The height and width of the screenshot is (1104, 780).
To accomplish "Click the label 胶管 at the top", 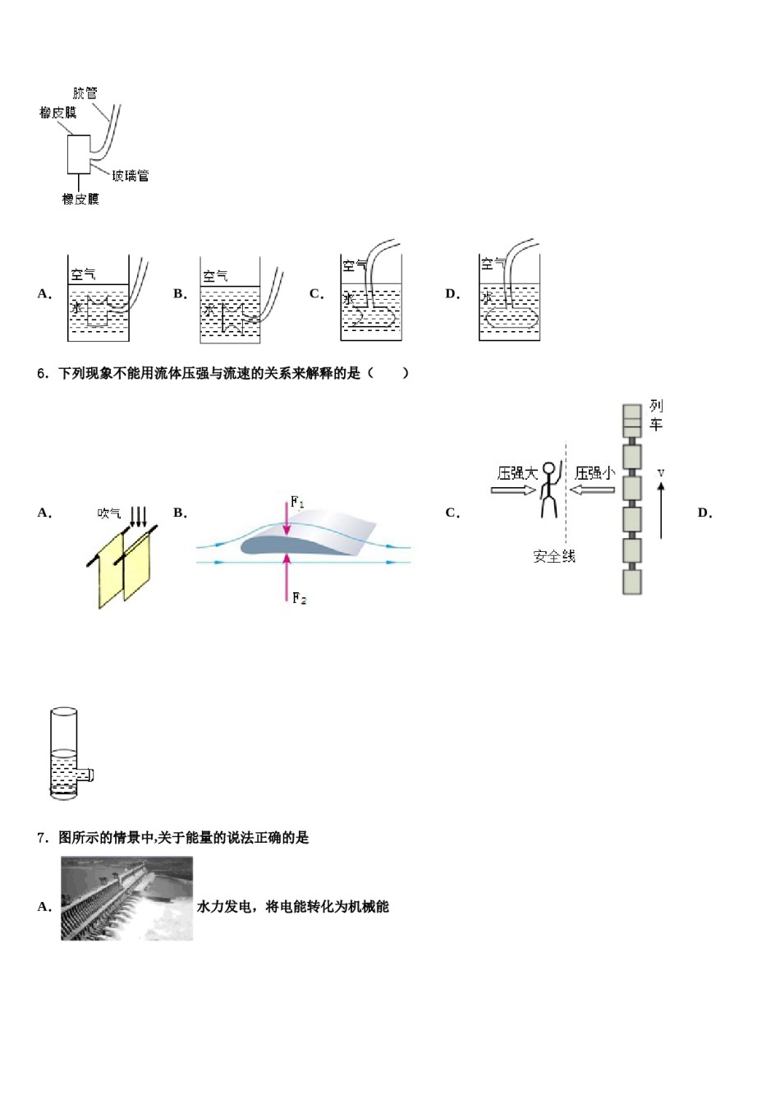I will (x=85, y=93).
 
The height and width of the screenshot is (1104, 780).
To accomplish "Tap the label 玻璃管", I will (x=131, y=175).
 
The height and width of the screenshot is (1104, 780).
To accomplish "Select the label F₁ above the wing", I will (x=297, y=501).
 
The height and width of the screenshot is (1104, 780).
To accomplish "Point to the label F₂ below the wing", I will (x=300, y=599).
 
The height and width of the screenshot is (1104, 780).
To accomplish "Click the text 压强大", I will (x=517, y=473).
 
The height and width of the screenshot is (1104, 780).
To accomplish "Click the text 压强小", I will (x=594, y=473).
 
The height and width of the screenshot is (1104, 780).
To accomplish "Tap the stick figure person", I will (x=549, y=490).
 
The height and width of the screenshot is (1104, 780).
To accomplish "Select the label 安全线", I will (x=554, y=557).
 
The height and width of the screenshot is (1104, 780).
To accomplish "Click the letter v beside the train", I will (x=661, y=473).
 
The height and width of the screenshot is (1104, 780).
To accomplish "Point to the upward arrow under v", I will (x=661, y=510).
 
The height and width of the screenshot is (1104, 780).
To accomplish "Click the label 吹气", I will (x=109, y=513).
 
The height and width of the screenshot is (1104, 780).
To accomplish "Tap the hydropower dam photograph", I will (x=126, y=898).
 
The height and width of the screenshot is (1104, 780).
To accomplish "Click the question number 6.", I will (x=43, y=374).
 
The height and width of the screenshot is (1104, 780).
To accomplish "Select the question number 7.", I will (x=43, y=838).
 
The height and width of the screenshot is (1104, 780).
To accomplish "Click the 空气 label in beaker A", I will (x=83, y=274).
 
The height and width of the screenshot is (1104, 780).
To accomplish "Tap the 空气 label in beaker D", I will (x=493, y=264).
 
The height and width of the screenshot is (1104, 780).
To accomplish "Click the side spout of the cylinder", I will (x=85, y=775).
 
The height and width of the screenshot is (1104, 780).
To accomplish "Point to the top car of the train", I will (x=631, y=421).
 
